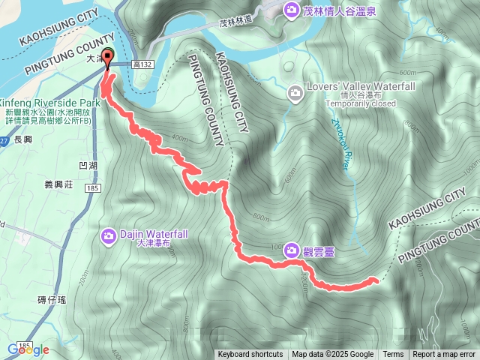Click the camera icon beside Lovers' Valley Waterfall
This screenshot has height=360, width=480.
click(295, 92)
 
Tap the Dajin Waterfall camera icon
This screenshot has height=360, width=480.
click(109, 236)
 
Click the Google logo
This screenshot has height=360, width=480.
click(28, 349)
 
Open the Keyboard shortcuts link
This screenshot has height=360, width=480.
click(250, 355)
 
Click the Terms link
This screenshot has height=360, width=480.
click(393, 355)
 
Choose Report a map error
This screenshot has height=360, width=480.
click(444, 355)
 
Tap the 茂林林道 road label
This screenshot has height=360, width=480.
click(234, 24)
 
